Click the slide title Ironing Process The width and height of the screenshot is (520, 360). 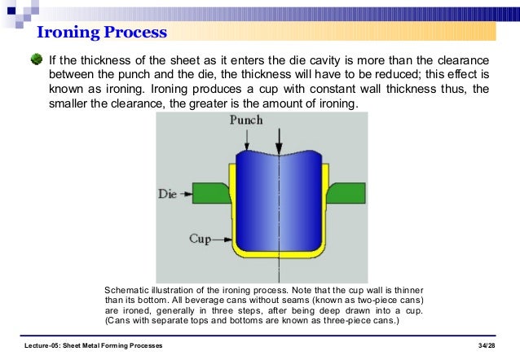102,33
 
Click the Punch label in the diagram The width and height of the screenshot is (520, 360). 246,120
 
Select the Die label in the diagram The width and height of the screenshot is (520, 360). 166,194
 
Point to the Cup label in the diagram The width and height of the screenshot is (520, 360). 201,239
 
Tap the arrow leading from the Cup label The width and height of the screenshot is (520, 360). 221,239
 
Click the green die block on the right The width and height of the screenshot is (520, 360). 346,193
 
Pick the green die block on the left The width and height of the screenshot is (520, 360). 210,194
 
